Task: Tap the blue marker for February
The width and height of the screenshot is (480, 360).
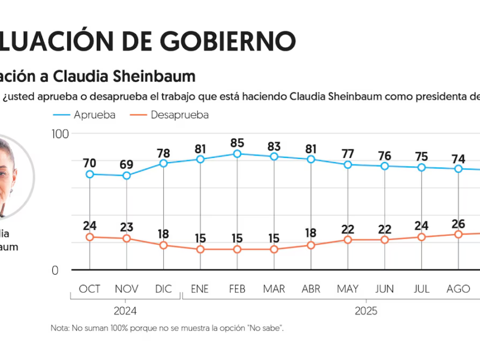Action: click(x=237, y=154)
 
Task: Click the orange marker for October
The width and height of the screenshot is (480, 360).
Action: click(x=90, y=237)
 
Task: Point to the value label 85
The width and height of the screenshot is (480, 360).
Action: click(x=237, y=143)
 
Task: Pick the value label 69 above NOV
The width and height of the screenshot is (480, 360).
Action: click(x=127, y=164)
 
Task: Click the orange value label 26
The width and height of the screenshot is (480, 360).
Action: click(x=458, y=224)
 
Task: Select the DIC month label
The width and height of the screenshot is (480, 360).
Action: click(x=163, y=289)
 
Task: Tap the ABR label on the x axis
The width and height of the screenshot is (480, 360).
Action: click(x=311, y=289)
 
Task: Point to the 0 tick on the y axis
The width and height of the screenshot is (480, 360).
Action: click(x=55, y=270)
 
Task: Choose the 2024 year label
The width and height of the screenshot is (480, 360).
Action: click(x=126, y=311)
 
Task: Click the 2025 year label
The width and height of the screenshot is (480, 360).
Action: click(x=366, y=311)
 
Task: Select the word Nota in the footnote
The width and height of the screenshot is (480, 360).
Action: click(x=61, y=328)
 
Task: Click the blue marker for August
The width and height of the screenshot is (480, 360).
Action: click(x=458, y=169)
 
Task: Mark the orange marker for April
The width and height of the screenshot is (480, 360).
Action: click(x=311, y=245)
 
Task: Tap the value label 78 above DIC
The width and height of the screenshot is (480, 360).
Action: click(x=163, y=153)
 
